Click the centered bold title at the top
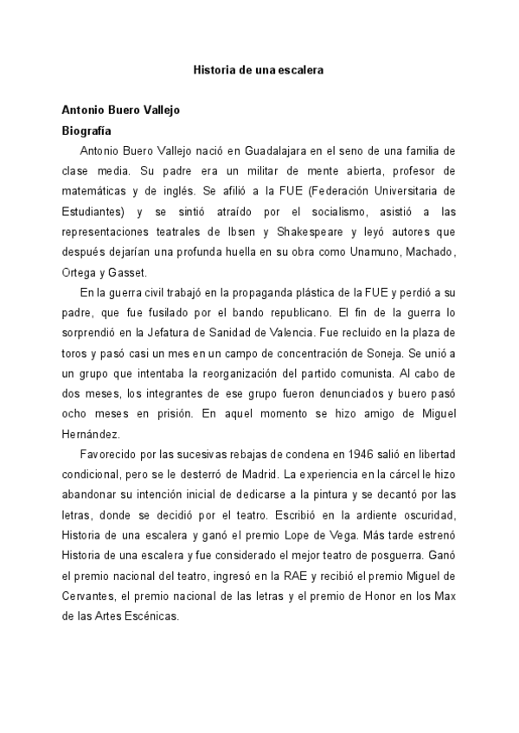coord(258,69)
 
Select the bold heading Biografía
coord(86,130)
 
